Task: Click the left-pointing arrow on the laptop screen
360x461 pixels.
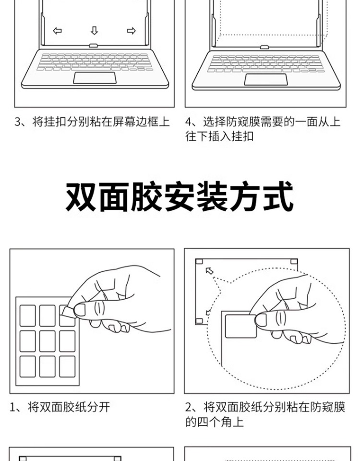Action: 57,31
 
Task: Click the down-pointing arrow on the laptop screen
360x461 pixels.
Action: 95,31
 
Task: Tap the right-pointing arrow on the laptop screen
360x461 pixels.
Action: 131,31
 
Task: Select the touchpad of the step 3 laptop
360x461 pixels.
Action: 95,78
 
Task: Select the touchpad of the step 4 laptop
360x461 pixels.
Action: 265,80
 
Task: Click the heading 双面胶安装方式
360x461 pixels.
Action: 180,196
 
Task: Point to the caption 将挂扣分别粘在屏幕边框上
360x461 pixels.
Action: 101,121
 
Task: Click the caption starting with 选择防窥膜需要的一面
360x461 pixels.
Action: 263,129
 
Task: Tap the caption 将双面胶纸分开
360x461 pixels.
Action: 69,407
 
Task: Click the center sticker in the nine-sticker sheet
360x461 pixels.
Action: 48,341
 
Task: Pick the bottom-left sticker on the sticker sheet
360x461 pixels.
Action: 28,366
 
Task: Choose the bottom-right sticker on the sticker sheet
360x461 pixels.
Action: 67,366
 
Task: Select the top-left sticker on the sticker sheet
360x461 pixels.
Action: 28,316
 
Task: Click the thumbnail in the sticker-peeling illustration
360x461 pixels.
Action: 80,310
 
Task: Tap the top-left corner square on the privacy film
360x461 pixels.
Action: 199,262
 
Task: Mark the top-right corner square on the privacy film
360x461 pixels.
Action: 294,262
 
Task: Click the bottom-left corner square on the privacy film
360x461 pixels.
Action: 199,321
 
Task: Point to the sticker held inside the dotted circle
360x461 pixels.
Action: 241,326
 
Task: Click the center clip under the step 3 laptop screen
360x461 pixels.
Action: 94,46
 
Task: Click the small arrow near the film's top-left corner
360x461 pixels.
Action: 210,271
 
